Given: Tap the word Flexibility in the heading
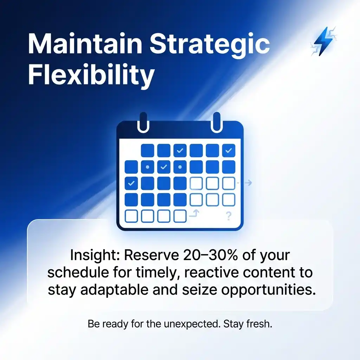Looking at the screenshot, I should click(91, 75).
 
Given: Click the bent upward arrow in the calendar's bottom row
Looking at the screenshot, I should click(194, 213).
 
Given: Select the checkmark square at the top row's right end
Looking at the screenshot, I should click(229, 151).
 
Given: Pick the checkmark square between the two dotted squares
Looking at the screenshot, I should click(163, 167).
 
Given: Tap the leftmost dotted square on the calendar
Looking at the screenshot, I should click(147, 167).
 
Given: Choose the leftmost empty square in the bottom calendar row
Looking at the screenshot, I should click(131, 216).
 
